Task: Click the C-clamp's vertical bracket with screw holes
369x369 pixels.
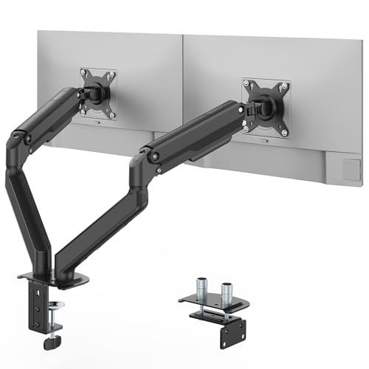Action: point(35,309)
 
